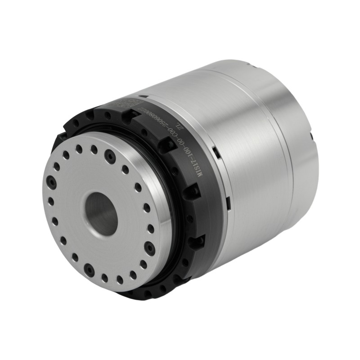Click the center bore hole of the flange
click(102, 210)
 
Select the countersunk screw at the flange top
click(108, 155)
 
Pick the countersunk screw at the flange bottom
click(90, 270)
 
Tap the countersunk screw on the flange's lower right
click(148, 246)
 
